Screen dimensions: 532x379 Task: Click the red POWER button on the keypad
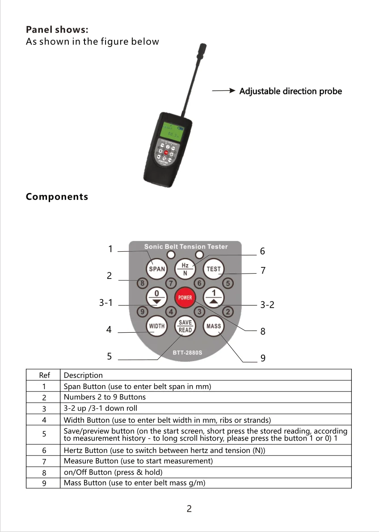[185, 298]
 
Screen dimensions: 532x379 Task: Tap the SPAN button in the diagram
[156, 269]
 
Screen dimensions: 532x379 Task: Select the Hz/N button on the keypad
[185, 269]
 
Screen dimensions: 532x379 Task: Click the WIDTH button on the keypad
[156, 326]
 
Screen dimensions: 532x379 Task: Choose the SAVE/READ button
[185, 326]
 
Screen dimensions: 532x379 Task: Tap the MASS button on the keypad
[214, 326]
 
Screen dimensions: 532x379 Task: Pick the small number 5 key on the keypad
[228, 283]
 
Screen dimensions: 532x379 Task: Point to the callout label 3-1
[105, 303]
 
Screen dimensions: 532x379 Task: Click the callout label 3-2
[267, 305]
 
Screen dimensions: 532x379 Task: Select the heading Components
[57, 197]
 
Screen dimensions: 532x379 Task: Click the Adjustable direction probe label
[291, 91]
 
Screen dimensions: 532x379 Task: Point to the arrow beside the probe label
[223, 91]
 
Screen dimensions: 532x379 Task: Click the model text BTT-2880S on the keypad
[187, 352]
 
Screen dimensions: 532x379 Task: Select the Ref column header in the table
[44, 375]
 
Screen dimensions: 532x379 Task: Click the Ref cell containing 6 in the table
[44, 450]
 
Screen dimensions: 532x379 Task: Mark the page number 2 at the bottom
[189, 509]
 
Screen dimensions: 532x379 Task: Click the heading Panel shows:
[57, 30]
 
